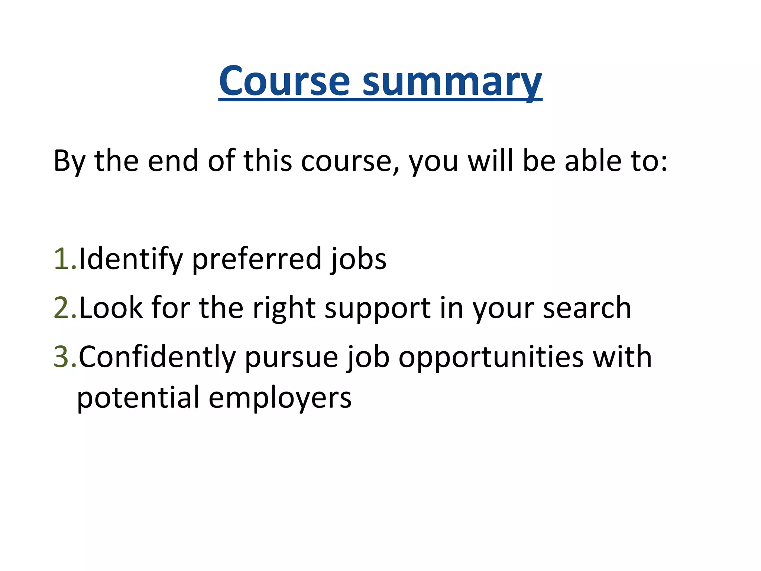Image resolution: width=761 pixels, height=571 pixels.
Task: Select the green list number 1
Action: coord(63,259)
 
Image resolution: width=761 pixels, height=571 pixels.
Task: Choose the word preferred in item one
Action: coord(256,259)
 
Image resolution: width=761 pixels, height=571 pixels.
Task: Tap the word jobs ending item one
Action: coord(359,259)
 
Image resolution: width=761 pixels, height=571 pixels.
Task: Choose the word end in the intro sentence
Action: coord(173,161)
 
